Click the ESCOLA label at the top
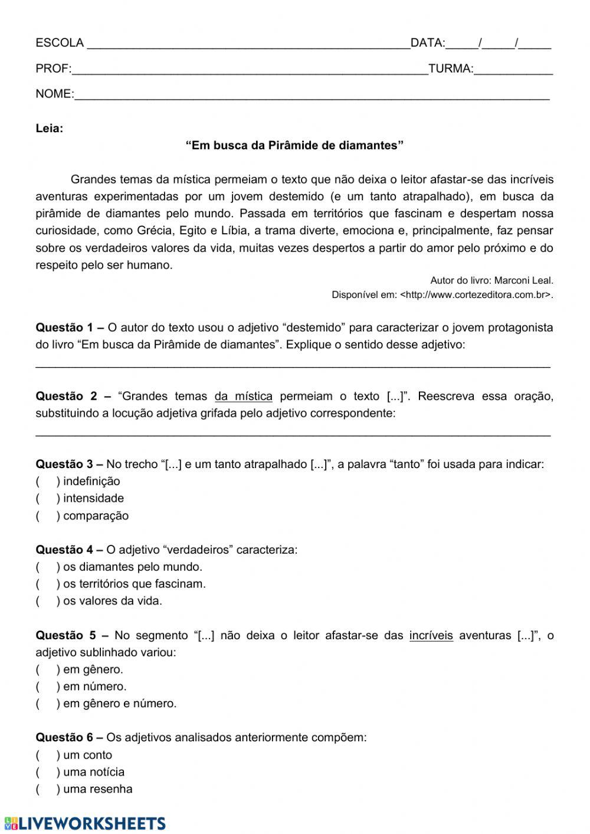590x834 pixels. point(60,43)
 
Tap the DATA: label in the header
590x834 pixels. point(428,43)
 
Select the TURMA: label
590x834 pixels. point(451,69)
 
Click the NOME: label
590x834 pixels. point(55,94)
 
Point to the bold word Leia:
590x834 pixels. point(50,129)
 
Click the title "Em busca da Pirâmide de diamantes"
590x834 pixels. point(294,146)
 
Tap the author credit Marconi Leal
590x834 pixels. point(523,281)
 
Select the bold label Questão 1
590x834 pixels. point(64,328)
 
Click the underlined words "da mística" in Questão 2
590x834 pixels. point(244,397)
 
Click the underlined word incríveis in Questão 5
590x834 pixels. point(431,636)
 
